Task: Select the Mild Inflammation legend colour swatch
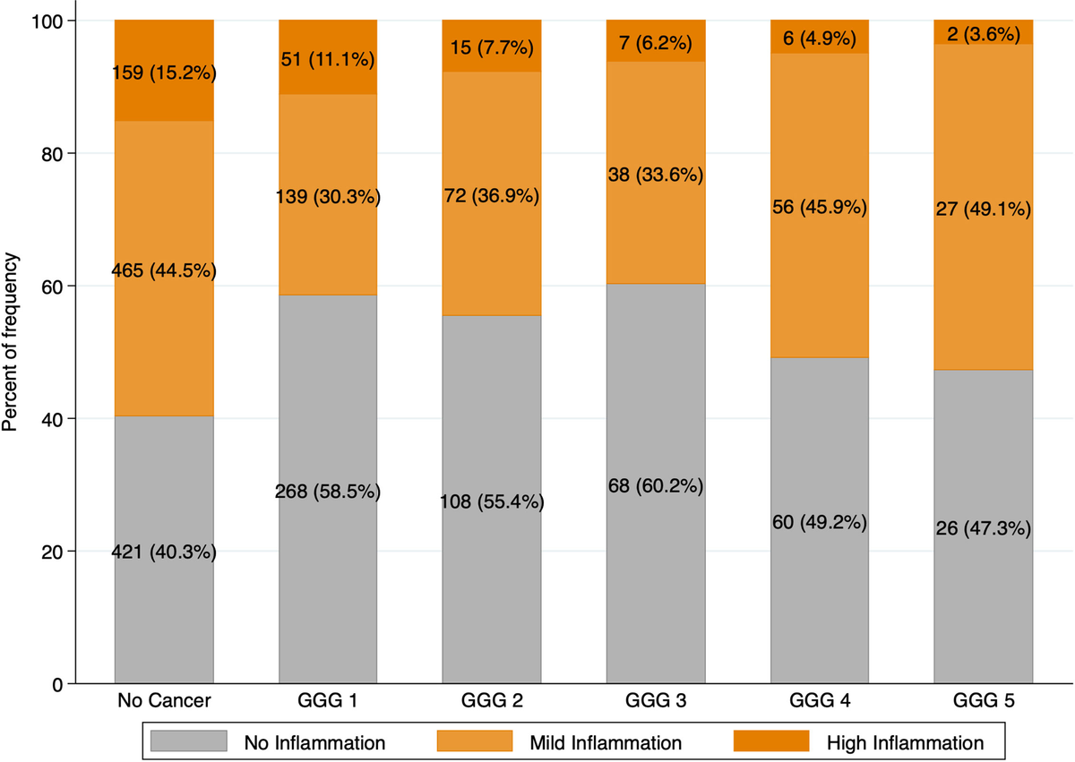pos(475,741)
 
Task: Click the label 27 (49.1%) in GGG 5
pos(983,210)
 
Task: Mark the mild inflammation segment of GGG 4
pos(819,134)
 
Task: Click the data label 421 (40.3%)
pos(164,552)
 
